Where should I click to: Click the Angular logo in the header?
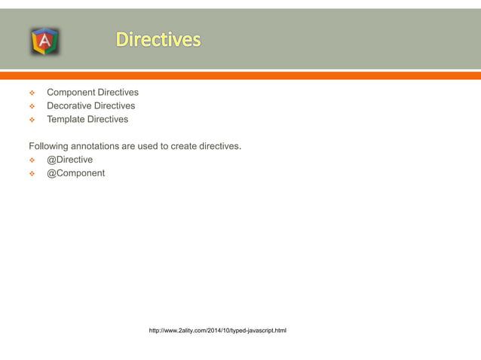coord(44,41)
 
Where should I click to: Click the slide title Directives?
coord(158,39)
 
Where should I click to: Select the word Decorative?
coord(70,106)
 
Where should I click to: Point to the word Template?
coord(66,120)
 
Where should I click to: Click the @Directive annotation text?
coord(70,160)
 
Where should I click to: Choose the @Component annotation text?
coord(76,173)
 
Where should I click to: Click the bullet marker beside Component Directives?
coord(32,93)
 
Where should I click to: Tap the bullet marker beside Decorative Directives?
coord(32,107)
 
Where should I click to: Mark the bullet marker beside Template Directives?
coord(32,121)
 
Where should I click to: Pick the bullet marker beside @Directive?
coord(32,160)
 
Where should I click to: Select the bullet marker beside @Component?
coord(32,174)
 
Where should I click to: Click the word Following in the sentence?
coord(51,146)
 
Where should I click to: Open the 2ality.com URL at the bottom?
coord(217,331)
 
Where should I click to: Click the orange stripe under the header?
coord(240,75)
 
